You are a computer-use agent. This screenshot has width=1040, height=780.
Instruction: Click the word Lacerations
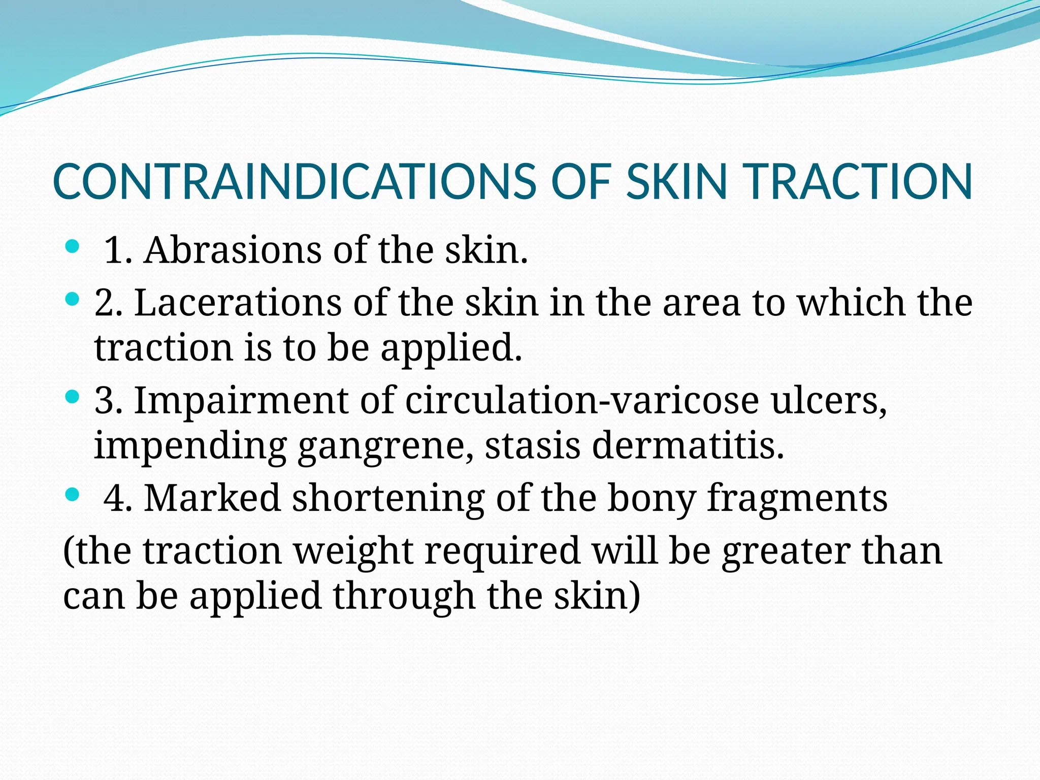point(238,303)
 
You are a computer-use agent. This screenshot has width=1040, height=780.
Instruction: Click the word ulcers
point(829,400)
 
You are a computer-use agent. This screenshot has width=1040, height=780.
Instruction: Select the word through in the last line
point(404,596)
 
